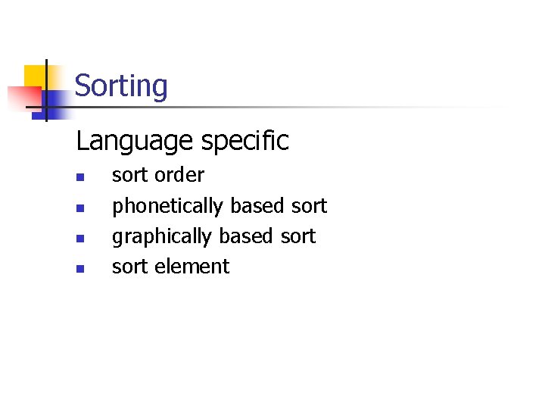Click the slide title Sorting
point(121,86)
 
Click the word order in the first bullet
point(179,175)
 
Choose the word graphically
point(161,236)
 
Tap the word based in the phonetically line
point(257,206)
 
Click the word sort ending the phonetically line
point(309,206)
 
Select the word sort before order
point(129,175)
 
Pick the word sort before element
point(129,267)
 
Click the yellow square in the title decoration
point(35,76)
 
